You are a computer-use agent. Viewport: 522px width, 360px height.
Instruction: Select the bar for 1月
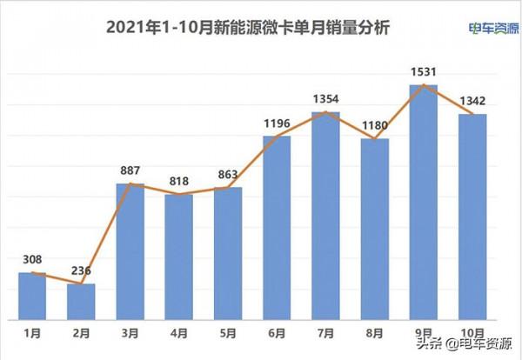[x=32, y=296]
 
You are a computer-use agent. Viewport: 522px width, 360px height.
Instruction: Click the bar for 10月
[x=472, y=217]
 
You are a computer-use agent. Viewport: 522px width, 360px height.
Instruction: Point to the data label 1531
[x=424, y=70]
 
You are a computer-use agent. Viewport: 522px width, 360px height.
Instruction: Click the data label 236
[x=81, y=270]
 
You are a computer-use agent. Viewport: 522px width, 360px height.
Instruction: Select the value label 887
[x=130, y=170]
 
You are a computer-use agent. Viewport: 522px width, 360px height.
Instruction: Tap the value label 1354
[x=325, y=98]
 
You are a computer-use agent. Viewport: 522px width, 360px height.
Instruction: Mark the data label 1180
[x=375, y=124]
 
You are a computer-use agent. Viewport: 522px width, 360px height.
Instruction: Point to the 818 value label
[x=179, y=181]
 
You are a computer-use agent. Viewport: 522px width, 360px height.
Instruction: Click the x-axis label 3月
[x=130, y=333]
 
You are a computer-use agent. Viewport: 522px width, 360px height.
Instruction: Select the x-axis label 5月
[x=228, y=333]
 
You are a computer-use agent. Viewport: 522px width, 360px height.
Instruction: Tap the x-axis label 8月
[x=375, y=333]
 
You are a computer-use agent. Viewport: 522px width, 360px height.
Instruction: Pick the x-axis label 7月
[x=325, y=333]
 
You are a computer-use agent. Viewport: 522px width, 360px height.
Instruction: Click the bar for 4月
[x=179, y=257]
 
